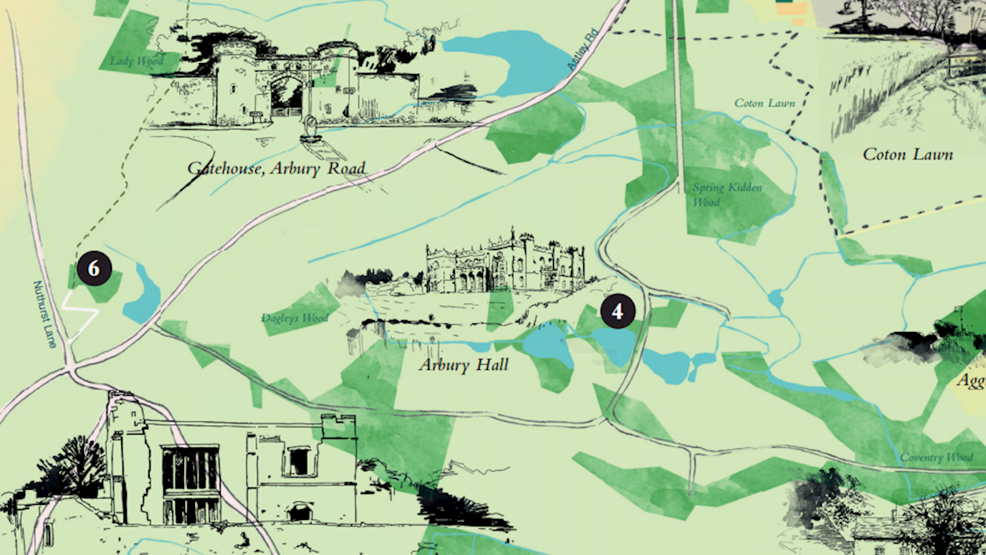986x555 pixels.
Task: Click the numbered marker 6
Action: (94, 269)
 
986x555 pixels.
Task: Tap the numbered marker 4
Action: (618, 311)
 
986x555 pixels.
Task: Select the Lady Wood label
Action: (136, 61)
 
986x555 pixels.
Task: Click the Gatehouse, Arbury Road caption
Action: (277, 169)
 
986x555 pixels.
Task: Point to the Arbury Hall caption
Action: (464, 365)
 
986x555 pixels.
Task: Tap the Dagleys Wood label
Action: (295, 318)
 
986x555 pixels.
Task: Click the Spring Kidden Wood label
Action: (727, 194)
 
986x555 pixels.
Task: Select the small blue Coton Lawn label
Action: (765, 103)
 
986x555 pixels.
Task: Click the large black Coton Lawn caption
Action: (907, 154)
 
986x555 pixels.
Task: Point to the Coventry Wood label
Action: (937, 457)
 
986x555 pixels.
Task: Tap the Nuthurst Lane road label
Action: (44, 314)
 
